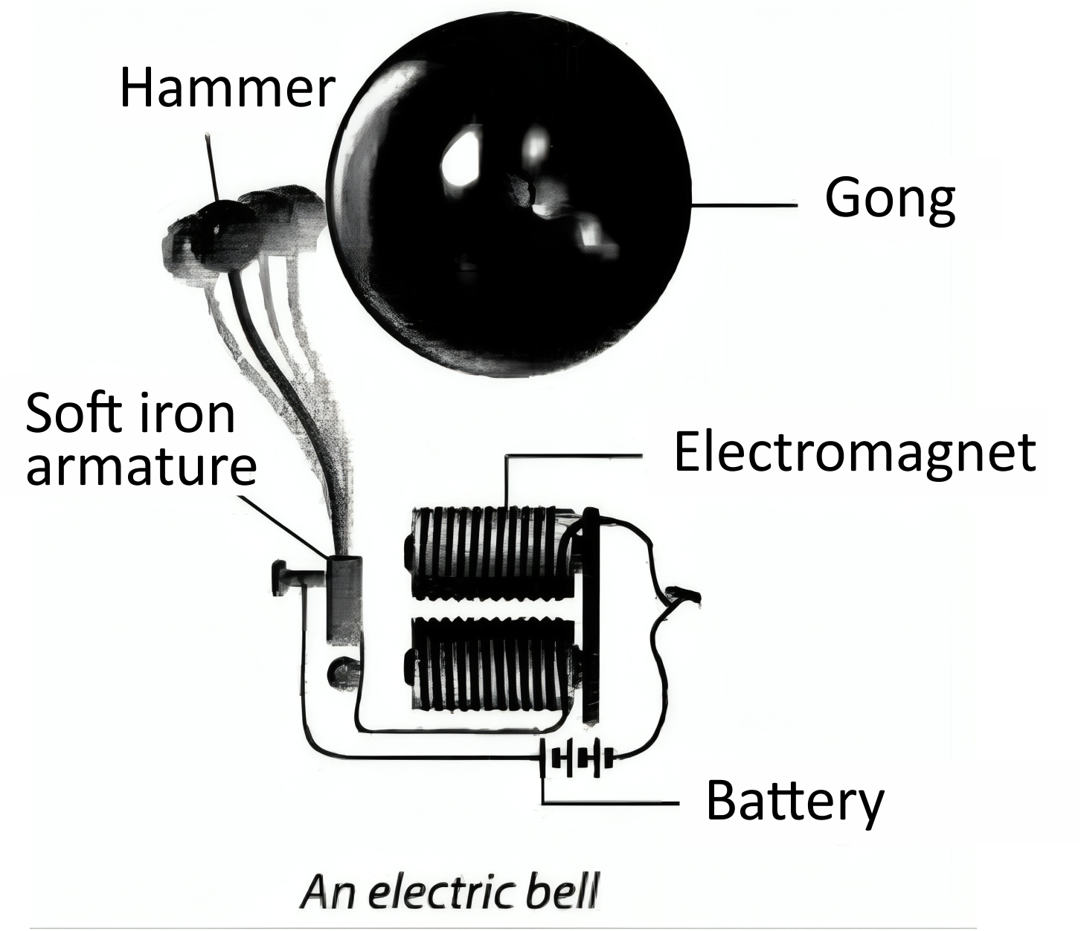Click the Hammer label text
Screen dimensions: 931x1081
pos(227,88)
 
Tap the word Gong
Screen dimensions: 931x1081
pos(890,199)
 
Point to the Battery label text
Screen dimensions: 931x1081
pos(795,802)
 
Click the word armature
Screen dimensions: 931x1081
pos(141,466)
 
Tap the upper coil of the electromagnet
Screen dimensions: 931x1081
pos(487,553)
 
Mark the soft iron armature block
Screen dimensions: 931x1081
pos(344,599)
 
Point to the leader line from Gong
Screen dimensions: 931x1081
pos(744,204)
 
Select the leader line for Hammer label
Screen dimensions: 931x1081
pos(211,167)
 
